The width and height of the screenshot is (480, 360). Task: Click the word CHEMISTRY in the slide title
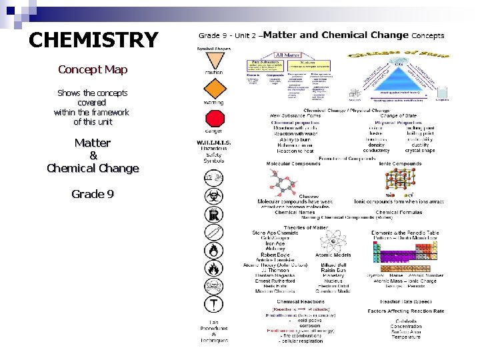pyautogui.click(x=93, y=40)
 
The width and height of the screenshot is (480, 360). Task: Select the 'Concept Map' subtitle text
pyautogui.click(x=93, y=69)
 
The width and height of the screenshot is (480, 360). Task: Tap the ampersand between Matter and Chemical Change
pyautogui.click(x=93, y=155)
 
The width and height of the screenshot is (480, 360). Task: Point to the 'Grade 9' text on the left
pyautogui.click(x=93, y=194)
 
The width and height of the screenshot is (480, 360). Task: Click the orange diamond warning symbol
pyautogui.click(x=214, y=88)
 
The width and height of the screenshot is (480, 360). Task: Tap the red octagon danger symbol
pyautogui.click(x=214, y=119)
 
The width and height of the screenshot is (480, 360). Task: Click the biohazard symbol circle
pyautogui.click(x=213, y=196)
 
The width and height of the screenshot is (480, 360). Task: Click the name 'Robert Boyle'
pyautogui.click(x=275, y=255)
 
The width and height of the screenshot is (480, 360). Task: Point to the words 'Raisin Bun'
pyautogui.click(x=333, y=270)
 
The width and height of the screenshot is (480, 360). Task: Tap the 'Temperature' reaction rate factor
pyautogui.click(x=406, y=337)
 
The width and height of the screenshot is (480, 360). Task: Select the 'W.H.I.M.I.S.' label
pyautogui.click(x=214, y=143)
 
